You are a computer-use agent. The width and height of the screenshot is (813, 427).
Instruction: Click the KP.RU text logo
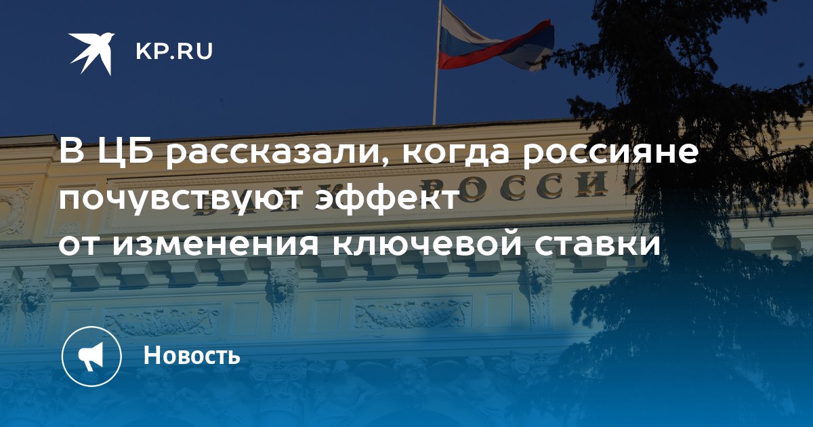pos(174,52)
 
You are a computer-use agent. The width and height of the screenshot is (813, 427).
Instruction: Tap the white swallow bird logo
pos(91,54)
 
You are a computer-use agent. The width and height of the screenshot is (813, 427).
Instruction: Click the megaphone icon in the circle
pos(91,357)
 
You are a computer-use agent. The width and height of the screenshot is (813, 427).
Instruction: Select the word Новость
pos(192,354)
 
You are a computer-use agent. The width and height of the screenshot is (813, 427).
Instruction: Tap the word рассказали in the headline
pos(272,154)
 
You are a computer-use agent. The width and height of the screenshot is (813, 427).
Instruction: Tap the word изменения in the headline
pos(215,243)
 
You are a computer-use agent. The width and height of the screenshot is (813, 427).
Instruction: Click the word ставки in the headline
pos(598,243)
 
